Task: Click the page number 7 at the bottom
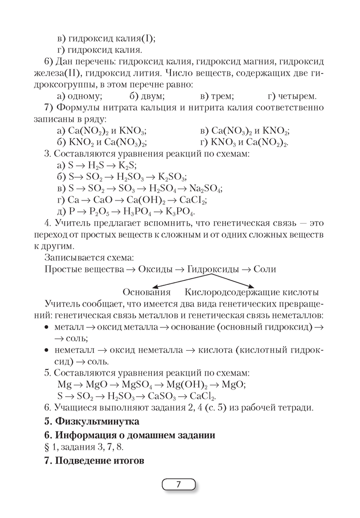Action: [179, 485]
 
